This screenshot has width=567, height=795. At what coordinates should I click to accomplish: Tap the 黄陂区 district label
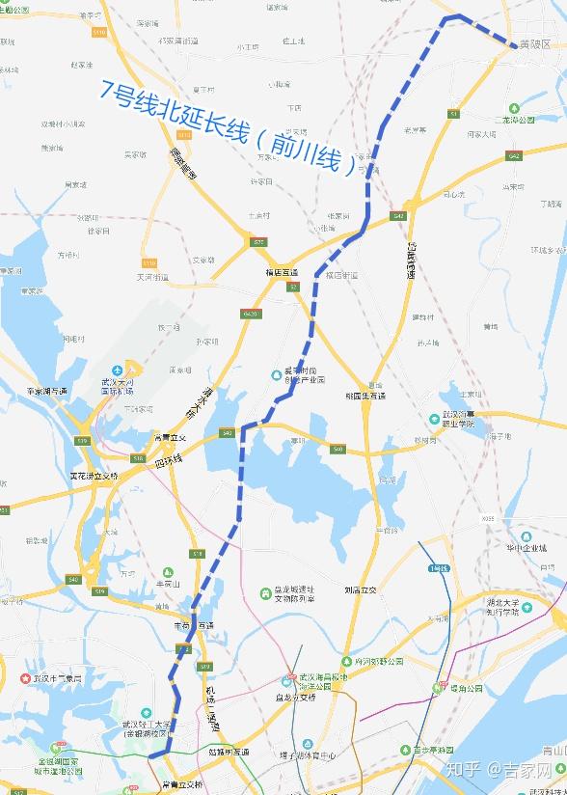point(533,44)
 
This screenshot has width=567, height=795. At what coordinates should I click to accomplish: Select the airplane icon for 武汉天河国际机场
point(118,370)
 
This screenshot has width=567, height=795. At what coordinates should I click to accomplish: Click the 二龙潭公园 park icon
point(496,121)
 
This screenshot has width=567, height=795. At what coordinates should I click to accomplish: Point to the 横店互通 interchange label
point(283,273)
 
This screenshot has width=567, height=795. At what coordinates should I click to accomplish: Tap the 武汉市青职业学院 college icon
point(435,418)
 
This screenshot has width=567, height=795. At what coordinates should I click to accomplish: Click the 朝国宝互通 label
point(365,396)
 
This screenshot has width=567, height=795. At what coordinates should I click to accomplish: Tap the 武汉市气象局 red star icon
point(26,676)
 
